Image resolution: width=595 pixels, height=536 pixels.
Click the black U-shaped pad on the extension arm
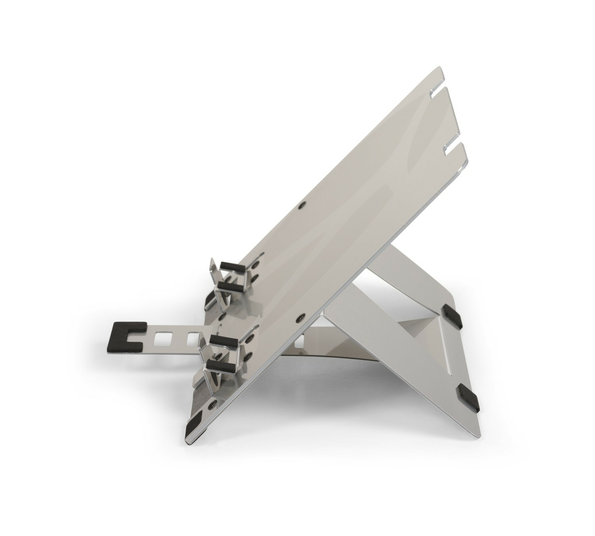(x=126, y=335)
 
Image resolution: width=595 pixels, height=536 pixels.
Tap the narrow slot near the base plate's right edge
(x=447, y=357)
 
